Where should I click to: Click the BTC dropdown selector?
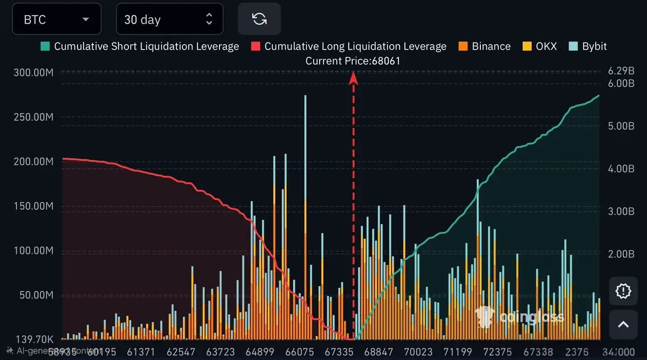56,20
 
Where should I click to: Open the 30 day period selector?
169,20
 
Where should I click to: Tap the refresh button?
259,19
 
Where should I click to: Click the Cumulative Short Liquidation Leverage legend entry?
140,46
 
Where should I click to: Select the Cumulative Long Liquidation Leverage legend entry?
349,46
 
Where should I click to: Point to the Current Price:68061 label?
353,61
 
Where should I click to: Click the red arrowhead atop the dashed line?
354,78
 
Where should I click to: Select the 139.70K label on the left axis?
31,340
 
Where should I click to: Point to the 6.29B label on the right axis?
618,71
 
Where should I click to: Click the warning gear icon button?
623,292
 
